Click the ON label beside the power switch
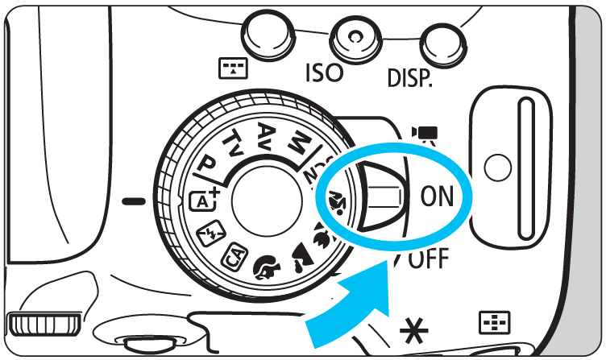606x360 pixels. pyautogui.click(x=437, y=197)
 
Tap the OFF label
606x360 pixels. pyautogui.click(x=428, y=258)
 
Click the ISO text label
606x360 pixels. pyautogui.click(x=324, y=72)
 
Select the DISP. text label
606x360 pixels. pyautogui.click(x=409, y=77)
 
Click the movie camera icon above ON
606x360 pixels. pyautogui.click(x=425, y=135)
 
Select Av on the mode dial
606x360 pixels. pyautogui.click(x=267, y=135)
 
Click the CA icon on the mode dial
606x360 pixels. pyautogui.click(x=235, y=257)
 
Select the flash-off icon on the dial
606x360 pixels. pyautogui.click(x=210, y=233)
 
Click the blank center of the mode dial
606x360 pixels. pyautogui.click(x=266, y=201)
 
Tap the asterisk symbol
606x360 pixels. pyautogui.click(x=414, y=331)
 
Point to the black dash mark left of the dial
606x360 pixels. pyautogui.click(x=134, y=201)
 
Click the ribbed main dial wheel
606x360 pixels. pyautogui.click(x=44, y=324)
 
